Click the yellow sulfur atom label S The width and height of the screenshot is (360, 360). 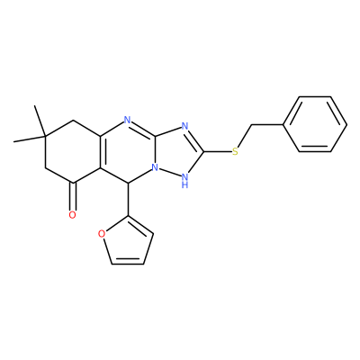[x=235, y=151]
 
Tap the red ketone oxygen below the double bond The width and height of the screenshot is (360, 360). [x=72, y=215]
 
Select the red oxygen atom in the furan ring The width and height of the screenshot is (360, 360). [x=102, y=234]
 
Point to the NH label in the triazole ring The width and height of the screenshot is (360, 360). [x=185, y=180]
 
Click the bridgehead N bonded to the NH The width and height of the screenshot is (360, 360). [x=155, y=167]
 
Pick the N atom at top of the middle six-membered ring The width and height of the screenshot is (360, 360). [x=128, y=121]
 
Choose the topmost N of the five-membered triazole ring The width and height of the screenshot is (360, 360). [x=184, y=127]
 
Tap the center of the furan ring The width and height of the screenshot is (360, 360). [x=129, y=243]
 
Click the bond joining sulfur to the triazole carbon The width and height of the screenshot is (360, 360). [x=218, y=151]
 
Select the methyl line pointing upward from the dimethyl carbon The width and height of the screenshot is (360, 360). [x=40, y=121]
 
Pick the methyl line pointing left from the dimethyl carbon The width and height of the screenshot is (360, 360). [x=30, y=139]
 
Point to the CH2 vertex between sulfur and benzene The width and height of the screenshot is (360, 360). [x=251, y=124]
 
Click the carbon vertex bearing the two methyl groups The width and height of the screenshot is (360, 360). [x=45, y=137]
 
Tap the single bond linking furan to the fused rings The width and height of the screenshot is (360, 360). [x=128, y=199]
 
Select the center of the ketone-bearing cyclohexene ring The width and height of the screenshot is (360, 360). [x=73, y=151]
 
